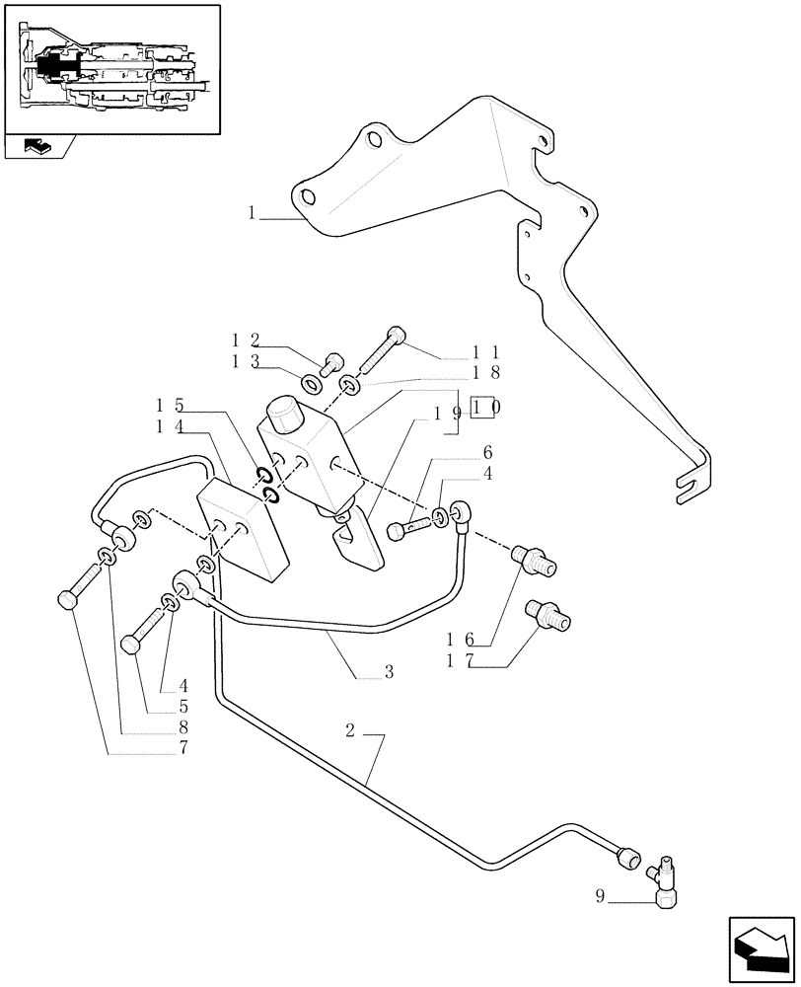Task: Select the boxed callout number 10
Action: click(484, 407)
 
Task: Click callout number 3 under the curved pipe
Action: click(389, 672)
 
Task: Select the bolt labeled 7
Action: click(68, 599)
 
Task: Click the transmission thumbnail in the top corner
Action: click(111, 68)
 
